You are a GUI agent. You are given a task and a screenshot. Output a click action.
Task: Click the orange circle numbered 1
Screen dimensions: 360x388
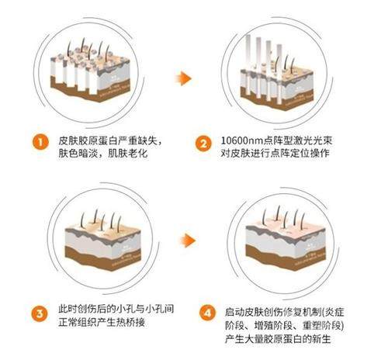36,143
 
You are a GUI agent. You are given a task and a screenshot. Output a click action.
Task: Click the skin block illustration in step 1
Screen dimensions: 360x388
96,77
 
